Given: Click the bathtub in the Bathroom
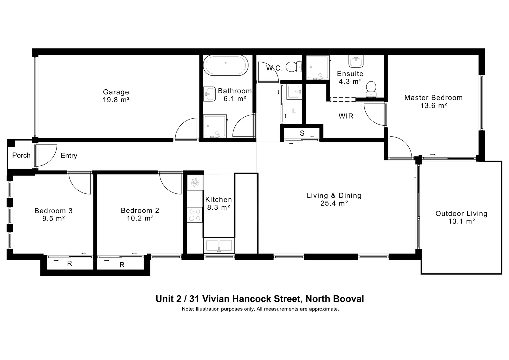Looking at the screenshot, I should (226, 66).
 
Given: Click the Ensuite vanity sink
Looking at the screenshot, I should (356, 61).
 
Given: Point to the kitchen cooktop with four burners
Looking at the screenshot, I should (195, 215).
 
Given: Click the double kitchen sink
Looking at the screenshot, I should (219, 246).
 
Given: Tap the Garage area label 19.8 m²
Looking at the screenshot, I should (116, 100).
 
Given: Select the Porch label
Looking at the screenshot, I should (21, 155).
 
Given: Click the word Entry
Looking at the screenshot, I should (69, 156).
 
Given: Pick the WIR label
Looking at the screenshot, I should (346, 116).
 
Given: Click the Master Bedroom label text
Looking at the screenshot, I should (433, 98).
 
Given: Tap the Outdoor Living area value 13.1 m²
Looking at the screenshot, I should (461, 221).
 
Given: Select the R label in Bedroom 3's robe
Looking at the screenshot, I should (69, 264).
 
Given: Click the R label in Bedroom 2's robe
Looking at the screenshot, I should (122, 265).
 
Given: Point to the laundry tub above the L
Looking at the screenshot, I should (294, 92).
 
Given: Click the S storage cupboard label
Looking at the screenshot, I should (302, 133).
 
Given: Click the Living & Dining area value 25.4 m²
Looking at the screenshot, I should (334, 203).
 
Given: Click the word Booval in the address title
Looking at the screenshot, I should (348, 299).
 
